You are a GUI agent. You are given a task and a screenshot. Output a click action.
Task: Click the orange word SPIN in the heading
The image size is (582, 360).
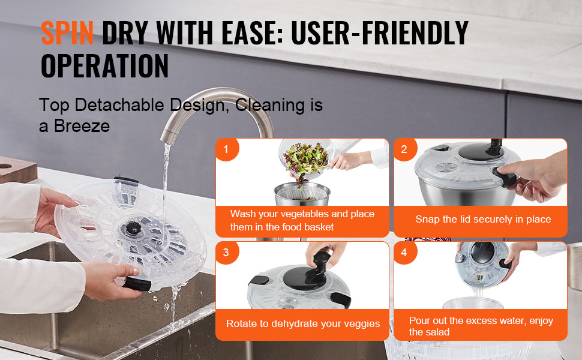coord(67,32)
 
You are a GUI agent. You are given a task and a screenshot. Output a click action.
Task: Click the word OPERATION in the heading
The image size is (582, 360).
coord(104,65)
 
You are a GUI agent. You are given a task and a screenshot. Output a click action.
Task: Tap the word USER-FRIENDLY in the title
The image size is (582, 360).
coord(380,32)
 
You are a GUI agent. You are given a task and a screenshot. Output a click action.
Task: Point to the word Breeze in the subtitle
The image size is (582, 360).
coord(82,126)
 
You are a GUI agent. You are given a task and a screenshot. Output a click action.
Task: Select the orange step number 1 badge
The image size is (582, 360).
coord(226,149)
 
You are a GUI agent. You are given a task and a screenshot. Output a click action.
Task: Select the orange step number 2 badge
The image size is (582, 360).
coord(404,149)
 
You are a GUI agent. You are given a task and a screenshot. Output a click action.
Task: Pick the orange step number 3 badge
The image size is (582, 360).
coord(226,253)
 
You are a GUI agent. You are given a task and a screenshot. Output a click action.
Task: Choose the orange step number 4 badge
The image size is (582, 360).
coord(404,253)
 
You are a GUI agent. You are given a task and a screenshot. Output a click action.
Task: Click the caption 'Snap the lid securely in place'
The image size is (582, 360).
coord(483,220)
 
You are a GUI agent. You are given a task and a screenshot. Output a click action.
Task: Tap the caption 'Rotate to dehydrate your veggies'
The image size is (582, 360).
coord(303,323)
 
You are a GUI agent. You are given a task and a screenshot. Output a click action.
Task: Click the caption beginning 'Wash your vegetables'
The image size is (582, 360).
coord(302,220)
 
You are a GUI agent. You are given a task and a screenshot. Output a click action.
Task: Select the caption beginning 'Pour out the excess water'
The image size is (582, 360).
coord(481,326)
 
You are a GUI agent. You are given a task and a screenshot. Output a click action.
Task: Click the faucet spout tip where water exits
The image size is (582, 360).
coord(166,140)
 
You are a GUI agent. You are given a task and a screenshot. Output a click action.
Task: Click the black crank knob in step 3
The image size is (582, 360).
coord(320,259)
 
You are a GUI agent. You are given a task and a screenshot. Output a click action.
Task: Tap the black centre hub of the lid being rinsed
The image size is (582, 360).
coord(133,228)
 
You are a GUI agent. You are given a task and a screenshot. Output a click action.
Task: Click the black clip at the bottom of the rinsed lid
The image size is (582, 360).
coord(137,284)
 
